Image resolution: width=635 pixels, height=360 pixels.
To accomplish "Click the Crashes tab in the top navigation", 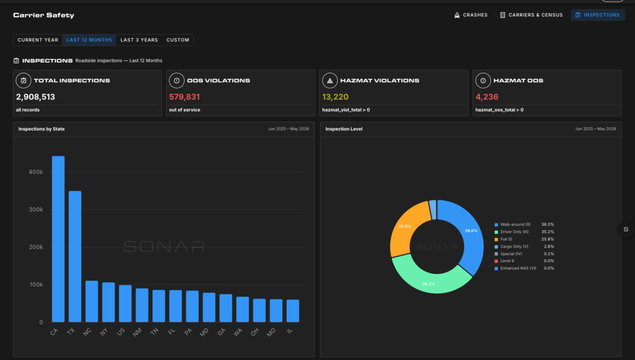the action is pyautogui.click(x=471, y=15).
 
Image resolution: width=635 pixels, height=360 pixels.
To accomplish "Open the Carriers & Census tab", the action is pyautogui.click(x=531, y=15).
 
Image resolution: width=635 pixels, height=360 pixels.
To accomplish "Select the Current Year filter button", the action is pyautogui.click(x=38, y=40).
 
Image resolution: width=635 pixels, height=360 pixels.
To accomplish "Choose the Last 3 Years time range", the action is pyautogui.click(x=139, y=40).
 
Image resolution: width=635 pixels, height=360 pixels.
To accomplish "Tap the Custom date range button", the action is pyautogui.click(x=178, y=40).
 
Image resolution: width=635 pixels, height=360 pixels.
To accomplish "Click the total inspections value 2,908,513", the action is pyautogui.click(x=35, y=97).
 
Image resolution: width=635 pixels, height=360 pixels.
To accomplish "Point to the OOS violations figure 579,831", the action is pyautogui.click(x=185, y=97).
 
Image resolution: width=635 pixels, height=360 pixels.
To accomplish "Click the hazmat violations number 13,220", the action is pyautogui.click(x=335, y=97).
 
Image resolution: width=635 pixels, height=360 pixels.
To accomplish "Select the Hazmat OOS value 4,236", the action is pyautogui.click(x=487, y=97).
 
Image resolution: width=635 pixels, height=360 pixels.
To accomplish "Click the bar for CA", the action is pyautogui.click(x=58, y=239).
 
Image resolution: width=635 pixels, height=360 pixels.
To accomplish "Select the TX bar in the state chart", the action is pyautogui.click(x=75, y=256).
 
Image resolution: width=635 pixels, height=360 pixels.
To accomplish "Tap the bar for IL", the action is pyautogui.click(x=293, y=311).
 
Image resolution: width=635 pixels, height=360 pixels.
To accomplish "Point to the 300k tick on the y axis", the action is pyautogui.click(x=36, y=209).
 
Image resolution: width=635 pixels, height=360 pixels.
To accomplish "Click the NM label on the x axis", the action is pyautogui.click(x=137, y=332).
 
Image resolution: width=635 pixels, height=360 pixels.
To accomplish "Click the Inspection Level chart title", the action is pyautogui.click(x=344, y=129).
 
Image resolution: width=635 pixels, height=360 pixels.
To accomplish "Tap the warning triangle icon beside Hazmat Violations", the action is pyautogui.click(x=330, y=81).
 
